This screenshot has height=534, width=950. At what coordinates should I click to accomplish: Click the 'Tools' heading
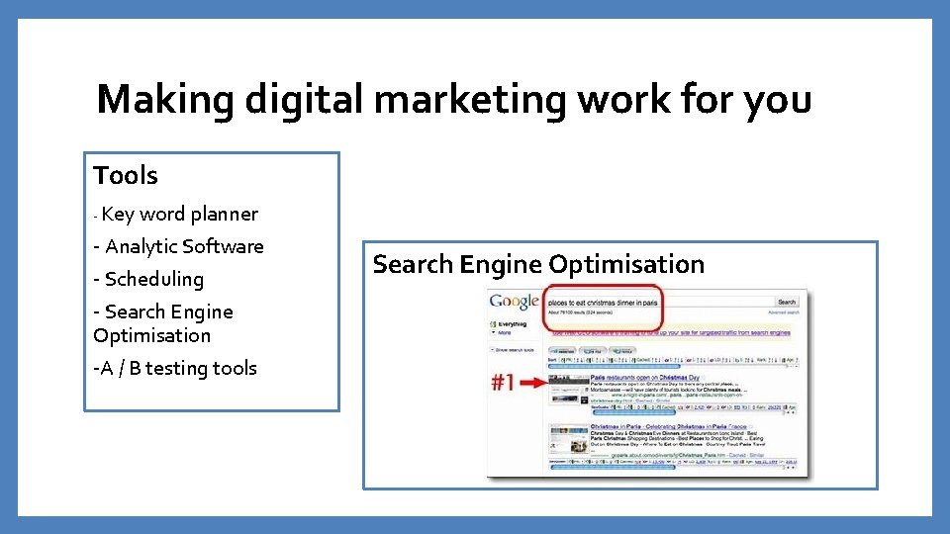click(126, 176)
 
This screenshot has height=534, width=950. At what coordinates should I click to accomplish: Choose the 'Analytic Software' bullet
click(183, 246)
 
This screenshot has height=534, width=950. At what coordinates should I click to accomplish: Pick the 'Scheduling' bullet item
click(153, 279)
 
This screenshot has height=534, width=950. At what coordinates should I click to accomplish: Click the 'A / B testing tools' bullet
click(178, 368)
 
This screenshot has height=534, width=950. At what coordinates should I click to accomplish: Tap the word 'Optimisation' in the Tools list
click(151, 335)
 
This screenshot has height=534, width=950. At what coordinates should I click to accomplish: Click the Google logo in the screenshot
click(515, 302)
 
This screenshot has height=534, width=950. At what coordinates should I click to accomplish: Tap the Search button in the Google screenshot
click(786, 302)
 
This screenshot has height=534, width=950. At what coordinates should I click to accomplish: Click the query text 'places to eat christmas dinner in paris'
click(603, 302)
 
